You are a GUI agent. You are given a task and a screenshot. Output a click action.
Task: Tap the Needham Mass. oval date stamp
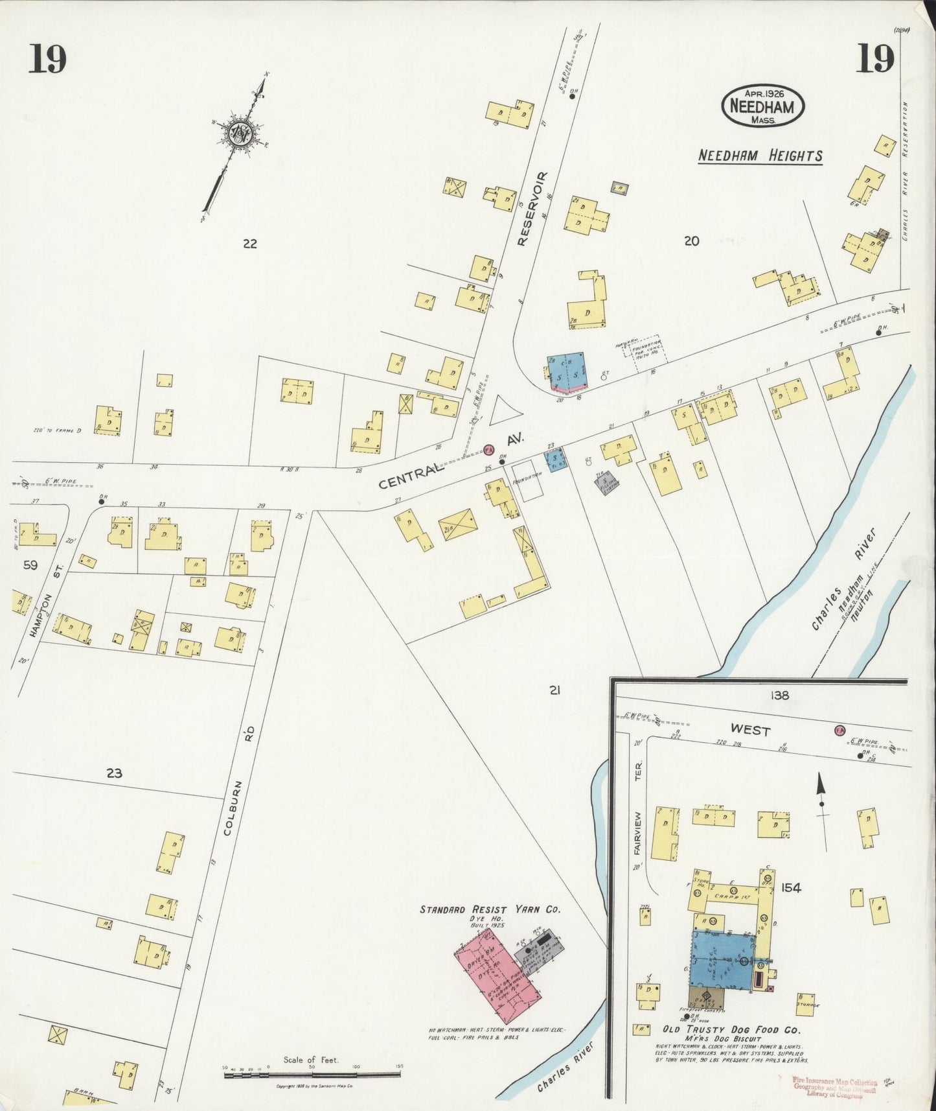tap(762, 105)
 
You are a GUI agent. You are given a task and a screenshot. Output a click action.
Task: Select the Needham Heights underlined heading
tap(760, 156)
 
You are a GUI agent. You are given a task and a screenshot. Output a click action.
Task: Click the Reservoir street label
tap(532, 209)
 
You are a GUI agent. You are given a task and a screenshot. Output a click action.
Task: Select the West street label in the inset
tap(750, 730)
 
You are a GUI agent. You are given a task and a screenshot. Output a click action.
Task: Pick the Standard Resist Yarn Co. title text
tap(490, 909)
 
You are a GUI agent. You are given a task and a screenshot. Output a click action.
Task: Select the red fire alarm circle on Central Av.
tap(488, 449)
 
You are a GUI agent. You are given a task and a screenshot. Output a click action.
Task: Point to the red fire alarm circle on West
tap(839, 730)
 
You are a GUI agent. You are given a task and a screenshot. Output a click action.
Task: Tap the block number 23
tap(114, 773)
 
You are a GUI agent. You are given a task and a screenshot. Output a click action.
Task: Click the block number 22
tap(250, 244)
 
